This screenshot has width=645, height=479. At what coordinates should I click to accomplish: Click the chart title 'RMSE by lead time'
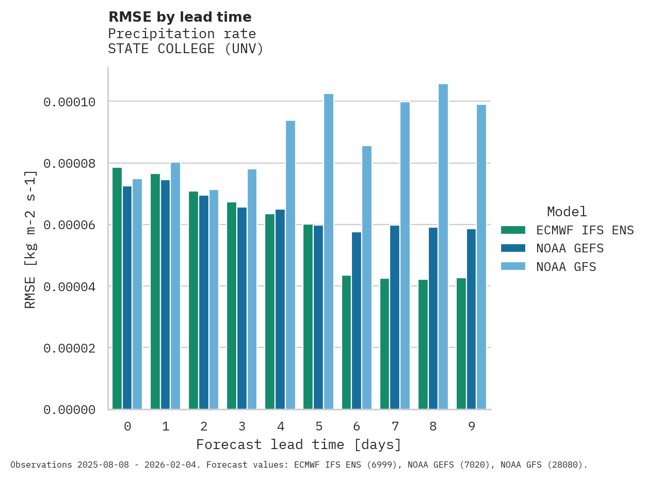click(180, 17)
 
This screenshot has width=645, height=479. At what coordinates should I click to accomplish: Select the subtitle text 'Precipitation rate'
click(182, 34)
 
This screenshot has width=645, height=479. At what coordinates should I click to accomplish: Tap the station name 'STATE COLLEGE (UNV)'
click(186, 49)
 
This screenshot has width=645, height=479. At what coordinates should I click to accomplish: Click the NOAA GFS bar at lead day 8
click(443, 247)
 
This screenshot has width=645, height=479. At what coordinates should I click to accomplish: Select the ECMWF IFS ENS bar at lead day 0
click(117, 288)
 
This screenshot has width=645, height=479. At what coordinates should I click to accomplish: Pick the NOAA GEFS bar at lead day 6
click(357, 321)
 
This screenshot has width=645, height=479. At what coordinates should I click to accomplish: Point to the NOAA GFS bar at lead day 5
click(328, 251)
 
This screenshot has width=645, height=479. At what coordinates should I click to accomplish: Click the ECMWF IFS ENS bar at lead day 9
click(461, 343)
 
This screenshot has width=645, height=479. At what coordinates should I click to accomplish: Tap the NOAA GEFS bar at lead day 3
click(242, 308)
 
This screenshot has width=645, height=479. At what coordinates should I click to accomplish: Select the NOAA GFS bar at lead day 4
click(290, 265)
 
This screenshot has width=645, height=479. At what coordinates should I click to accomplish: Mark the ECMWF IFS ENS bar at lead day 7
click(384, 344)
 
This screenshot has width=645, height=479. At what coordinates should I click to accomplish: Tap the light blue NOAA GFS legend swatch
click(513, 266)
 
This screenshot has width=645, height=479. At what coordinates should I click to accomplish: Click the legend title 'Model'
click(567, 212)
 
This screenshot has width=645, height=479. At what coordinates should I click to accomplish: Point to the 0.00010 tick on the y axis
click(69, 102)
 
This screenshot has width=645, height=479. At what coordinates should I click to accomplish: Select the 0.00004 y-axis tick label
click(69, 286)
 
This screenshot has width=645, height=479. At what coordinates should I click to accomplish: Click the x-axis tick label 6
click(357, 426)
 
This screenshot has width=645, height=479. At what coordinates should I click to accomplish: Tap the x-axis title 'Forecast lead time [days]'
click(298, 444)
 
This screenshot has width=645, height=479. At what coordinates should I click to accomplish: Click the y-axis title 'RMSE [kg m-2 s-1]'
click(30, 239)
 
